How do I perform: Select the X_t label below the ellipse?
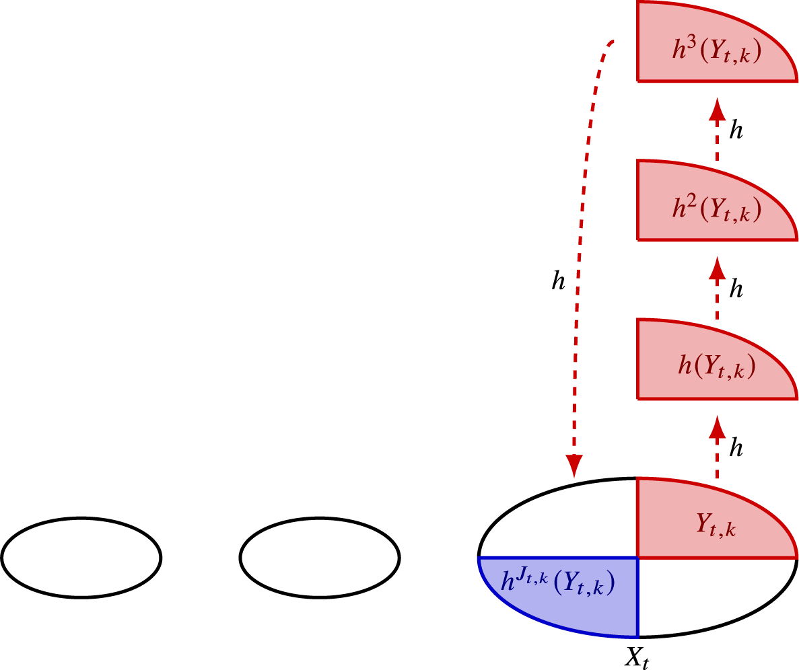(x=638, y=655)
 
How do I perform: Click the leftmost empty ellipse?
(x=81, y=557)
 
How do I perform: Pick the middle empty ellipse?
(x=320, y=557)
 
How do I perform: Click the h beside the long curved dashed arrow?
(x=557, y=283)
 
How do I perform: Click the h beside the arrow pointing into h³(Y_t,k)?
(x=737, y=131)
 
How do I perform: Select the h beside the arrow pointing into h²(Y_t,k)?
(x=737, y=290)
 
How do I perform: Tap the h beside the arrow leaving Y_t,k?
(x=737, y=449)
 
